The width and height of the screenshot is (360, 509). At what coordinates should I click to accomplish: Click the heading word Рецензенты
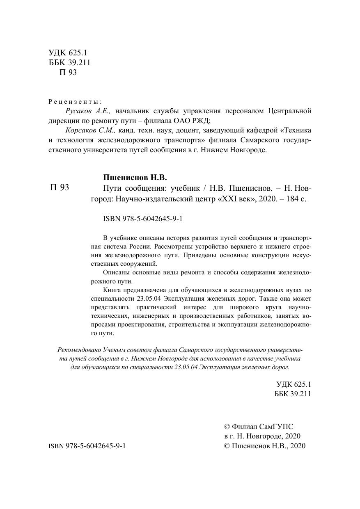(75, 101)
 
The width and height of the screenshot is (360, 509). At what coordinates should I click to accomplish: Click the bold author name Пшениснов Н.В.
(135, 177)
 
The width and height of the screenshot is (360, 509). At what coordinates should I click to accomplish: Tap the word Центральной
(289, 111)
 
